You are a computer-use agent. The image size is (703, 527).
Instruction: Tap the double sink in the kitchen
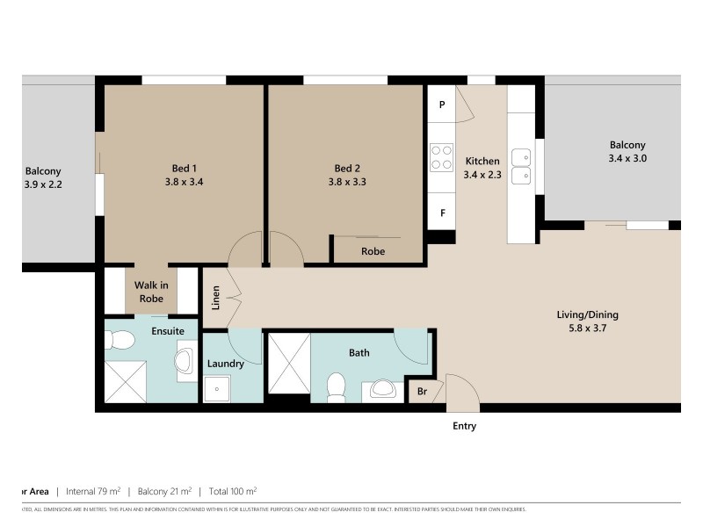522,166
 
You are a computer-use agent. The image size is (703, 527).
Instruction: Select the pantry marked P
441,105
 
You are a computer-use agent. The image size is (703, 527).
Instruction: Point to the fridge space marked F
441,212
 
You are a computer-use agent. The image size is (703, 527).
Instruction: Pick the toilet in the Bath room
335,385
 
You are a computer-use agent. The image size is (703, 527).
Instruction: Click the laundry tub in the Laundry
214,387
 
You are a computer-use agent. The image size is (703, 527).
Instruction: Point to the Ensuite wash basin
186,359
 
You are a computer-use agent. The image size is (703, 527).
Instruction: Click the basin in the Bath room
380,387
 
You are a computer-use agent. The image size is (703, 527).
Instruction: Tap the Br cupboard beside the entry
422,390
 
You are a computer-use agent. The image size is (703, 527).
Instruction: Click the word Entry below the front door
464,426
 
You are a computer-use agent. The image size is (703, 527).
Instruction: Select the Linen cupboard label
215,297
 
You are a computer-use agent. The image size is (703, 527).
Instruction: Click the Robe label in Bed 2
373,251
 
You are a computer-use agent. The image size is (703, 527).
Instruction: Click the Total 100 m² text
231,491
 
